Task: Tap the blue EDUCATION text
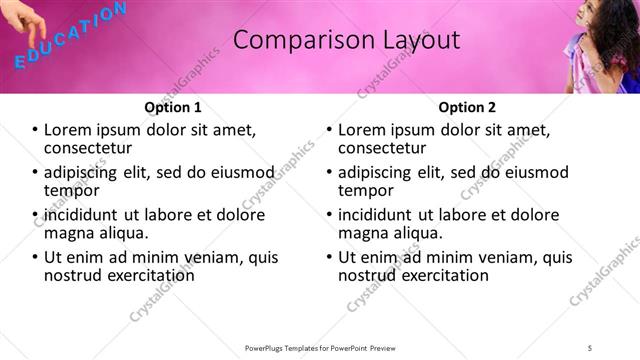pyautogui.click(x=70, y=36)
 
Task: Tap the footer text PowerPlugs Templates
pyautogui.click(x=320, y=347)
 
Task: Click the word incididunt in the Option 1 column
pyautogui.click(x=84, y=215)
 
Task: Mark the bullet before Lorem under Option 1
pyautogui.click(x=35, y=130)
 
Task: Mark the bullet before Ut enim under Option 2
pyautogui.click(x=329, y=257)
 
